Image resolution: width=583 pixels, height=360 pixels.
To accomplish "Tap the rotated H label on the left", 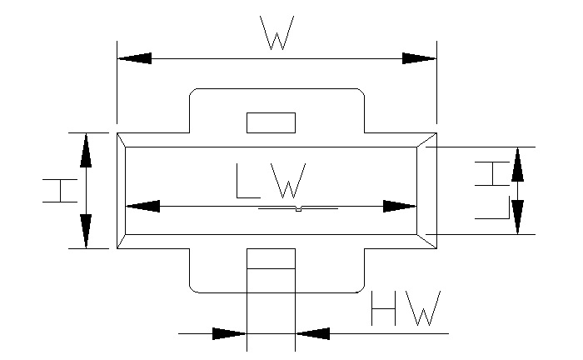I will (61, 190).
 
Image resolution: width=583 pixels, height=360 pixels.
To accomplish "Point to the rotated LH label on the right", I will (491, 190).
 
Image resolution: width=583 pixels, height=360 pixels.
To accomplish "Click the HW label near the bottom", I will (404, 310).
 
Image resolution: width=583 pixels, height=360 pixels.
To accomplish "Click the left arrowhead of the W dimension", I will (135, 58).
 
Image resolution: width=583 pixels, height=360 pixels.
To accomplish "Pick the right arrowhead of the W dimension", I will (419, 58).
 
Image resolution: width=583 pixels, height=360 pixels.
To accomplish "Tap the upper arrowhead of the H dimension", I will (86, 149).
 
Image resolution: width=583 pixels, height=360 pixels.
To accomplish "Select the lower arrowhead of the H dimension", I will (86, 231).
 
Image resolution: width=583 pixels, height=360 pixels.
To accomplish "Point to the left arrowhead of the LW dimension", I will (142, 206).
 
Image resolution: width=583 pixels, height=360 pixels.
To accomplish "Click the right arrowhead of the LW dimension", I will (399, 206).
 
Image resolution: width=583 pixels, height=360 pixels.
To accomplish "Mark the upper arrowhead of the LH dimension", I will (517, 163).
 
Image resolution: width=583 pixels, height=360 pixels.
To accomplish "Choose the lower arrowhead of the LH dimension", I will (517, 217).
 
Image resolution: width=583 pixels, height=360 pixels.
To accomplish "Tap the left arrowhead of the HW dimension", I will (230, 334).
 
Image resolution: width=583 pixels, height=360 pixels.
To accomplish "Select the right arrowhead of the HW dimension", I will (312, 334).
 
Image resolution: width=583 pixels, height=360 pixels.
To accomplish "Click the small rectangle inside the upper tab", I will (271, 122).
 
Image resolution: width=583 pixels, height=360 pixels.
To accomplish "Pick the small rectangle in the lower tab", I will (271, 259).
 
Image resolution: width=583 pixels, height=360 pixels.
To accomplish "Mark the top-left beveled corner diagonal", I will (122, 139).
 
